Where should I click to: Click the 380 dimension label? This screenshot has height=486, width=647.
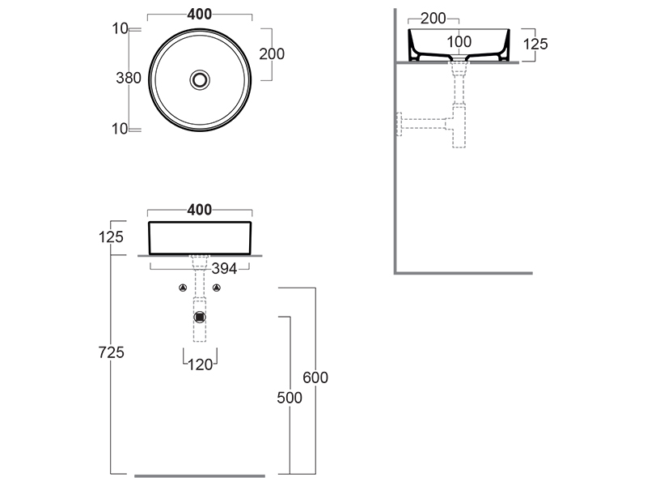(x=129, y=78)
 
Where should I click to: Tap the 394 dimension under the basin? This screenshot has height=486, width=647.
(x=224, y=269)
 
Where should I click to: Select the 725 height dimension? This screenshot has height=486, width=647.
(x=111, y=352)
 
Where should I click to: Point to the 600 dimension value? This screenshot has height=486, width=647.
(x=315, y=377)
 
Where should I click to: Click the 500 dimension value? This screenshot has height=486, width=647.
(x=290, y=398)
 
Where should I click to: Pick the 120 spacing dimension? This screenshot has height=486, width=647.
(x=200, y=364)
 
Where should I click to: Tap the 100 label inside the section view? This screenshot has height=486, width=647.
(x=459, y=42)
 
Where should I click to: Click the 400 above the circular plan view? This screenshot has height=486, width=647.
(x=200, y=15)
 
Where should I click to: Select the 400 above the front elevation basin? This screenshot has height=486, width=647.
(x=200, y=210)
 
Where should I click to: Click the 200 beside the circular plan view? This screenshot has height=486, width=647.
(x=272, y=53)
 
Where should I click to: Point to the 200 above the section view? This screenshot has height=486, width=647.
(x=433, y=19)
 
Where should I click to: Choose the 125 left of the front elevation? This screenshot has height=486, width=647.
(x=111, y=237)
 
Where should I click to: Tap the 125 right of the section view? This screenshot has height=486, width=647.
(x=535, y=44)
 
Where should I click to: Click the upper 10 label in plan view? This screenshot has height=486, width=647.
(x=120, y=28)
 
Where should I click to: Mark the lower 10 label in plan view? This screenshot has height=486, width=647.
(x=120, y=129)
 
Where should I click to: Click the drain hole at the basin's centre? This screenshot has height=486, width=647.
(x=200, y=79)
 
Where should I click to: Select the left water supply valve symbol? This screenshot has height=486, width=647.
(x=183, y=288)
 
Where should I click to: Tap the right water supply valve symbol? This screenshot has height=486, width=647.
(x=217, y=288)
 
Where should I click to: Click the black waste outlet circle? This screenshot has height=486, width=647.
(x=200, y=318)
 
